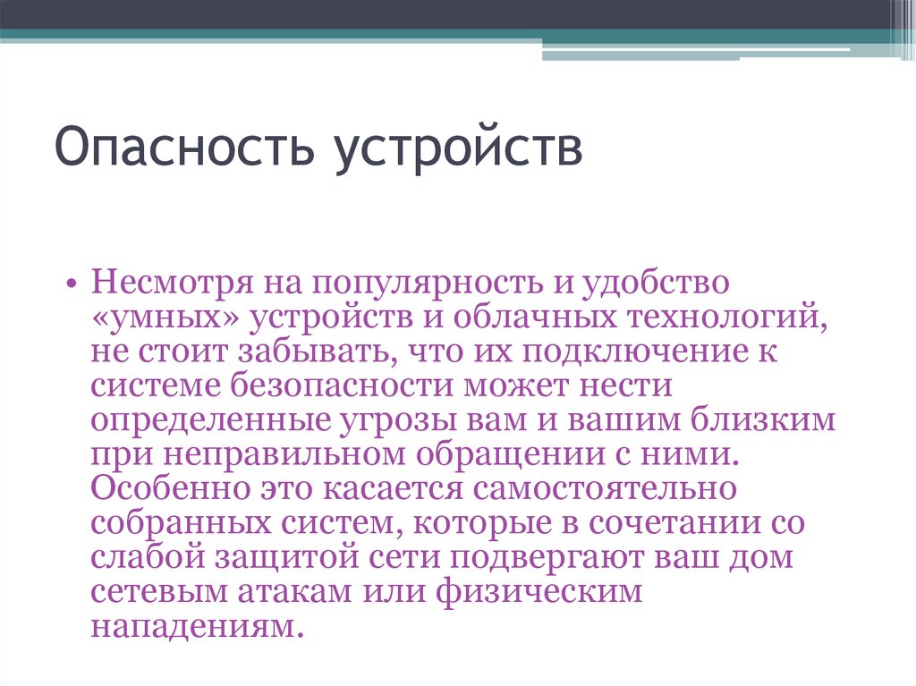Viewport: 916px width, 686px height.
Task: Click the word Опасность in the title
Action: tap(185, 148)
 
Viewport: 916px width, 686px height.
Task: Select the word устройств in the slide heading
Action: tap(460, 148)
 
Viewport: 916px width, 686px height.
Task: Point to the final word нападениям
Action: tap(191, 624)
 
